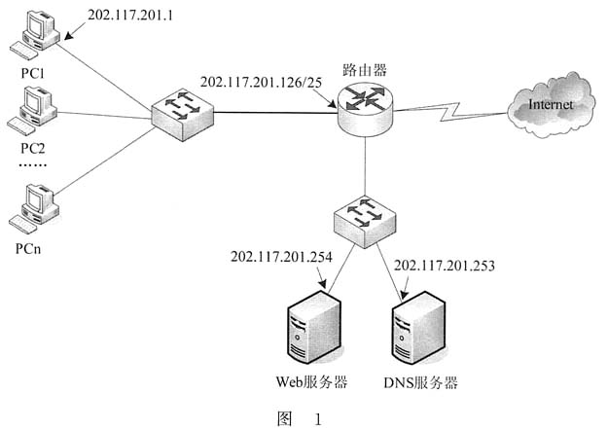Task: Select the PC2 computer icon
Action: point(34,109)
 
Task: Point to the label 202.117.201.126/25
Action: point(260,84)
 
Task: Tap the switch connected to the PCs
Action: point(182,111)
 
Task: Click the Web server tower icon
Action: point(314,330)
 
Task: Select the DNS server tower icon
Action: point(415,331)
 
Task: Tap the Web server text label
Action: point(310,382)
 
